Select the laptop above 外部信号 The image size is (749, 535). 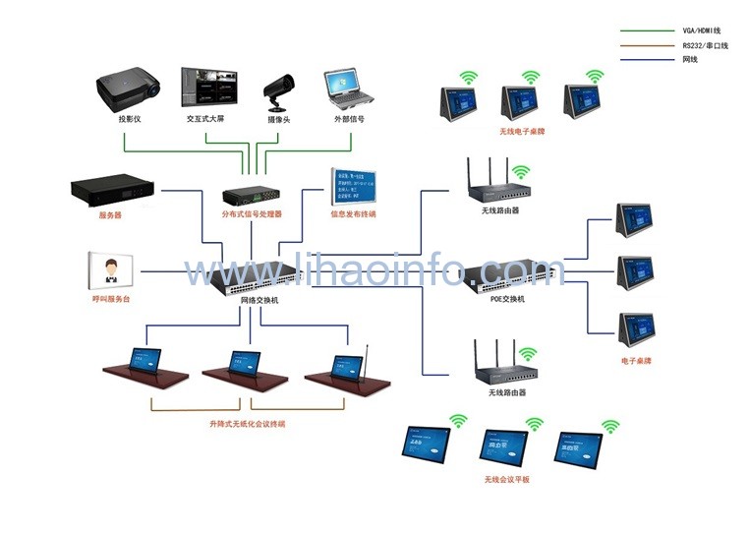pyautogui.click(x=348, y=89)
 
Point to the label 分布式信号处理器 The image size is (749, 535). pyautogui.click(x=252, y=213)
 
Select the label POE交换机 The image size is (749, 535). pyautogui.click(x=507, y=298)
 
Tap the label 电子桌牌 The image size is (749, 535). pyautogui.click(x=636, y=361)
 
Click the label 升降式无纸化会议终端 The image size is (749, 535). pyautogui.click(x=247, y=424)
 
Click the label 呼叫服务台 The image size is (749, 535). pyautogui.click(x=111, y=298)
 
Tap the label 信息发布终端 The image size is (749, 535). pyautogui.click(x=353, y=213)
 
